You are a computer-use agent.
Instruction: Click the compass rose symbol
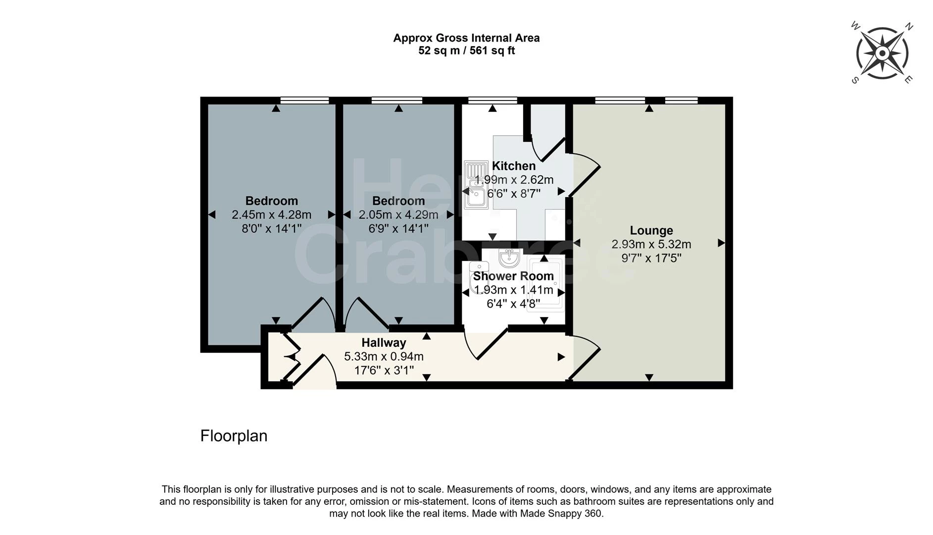click(882, 53)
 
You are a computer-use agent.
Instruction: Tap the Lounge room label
click(651, 230)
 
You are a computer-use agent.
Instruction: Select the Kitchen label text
click(514, 166)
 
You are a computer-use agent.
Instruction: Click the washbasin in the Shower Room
click(509, 258)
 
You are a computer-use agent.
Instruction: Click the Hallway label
click(384, 343)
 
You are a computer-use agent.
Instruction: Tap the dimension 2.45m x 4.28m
click(271, 214)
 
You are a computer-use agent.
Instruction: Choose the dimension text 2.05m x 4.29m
click(398, 214)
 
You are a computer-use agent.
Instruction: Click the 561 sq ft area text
click(492, 51)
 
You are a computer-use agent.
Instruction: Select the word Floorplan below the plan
click(234, 436)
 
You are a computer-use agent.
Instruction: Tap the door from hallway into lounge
click(584, 358)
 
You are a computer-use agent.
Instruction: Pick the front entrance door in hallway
click(314, 372)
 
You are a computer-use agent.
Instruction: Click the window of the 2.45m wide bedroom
click(304, 101)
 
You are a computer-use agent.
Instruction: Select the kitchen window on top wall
click(492, 101)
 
